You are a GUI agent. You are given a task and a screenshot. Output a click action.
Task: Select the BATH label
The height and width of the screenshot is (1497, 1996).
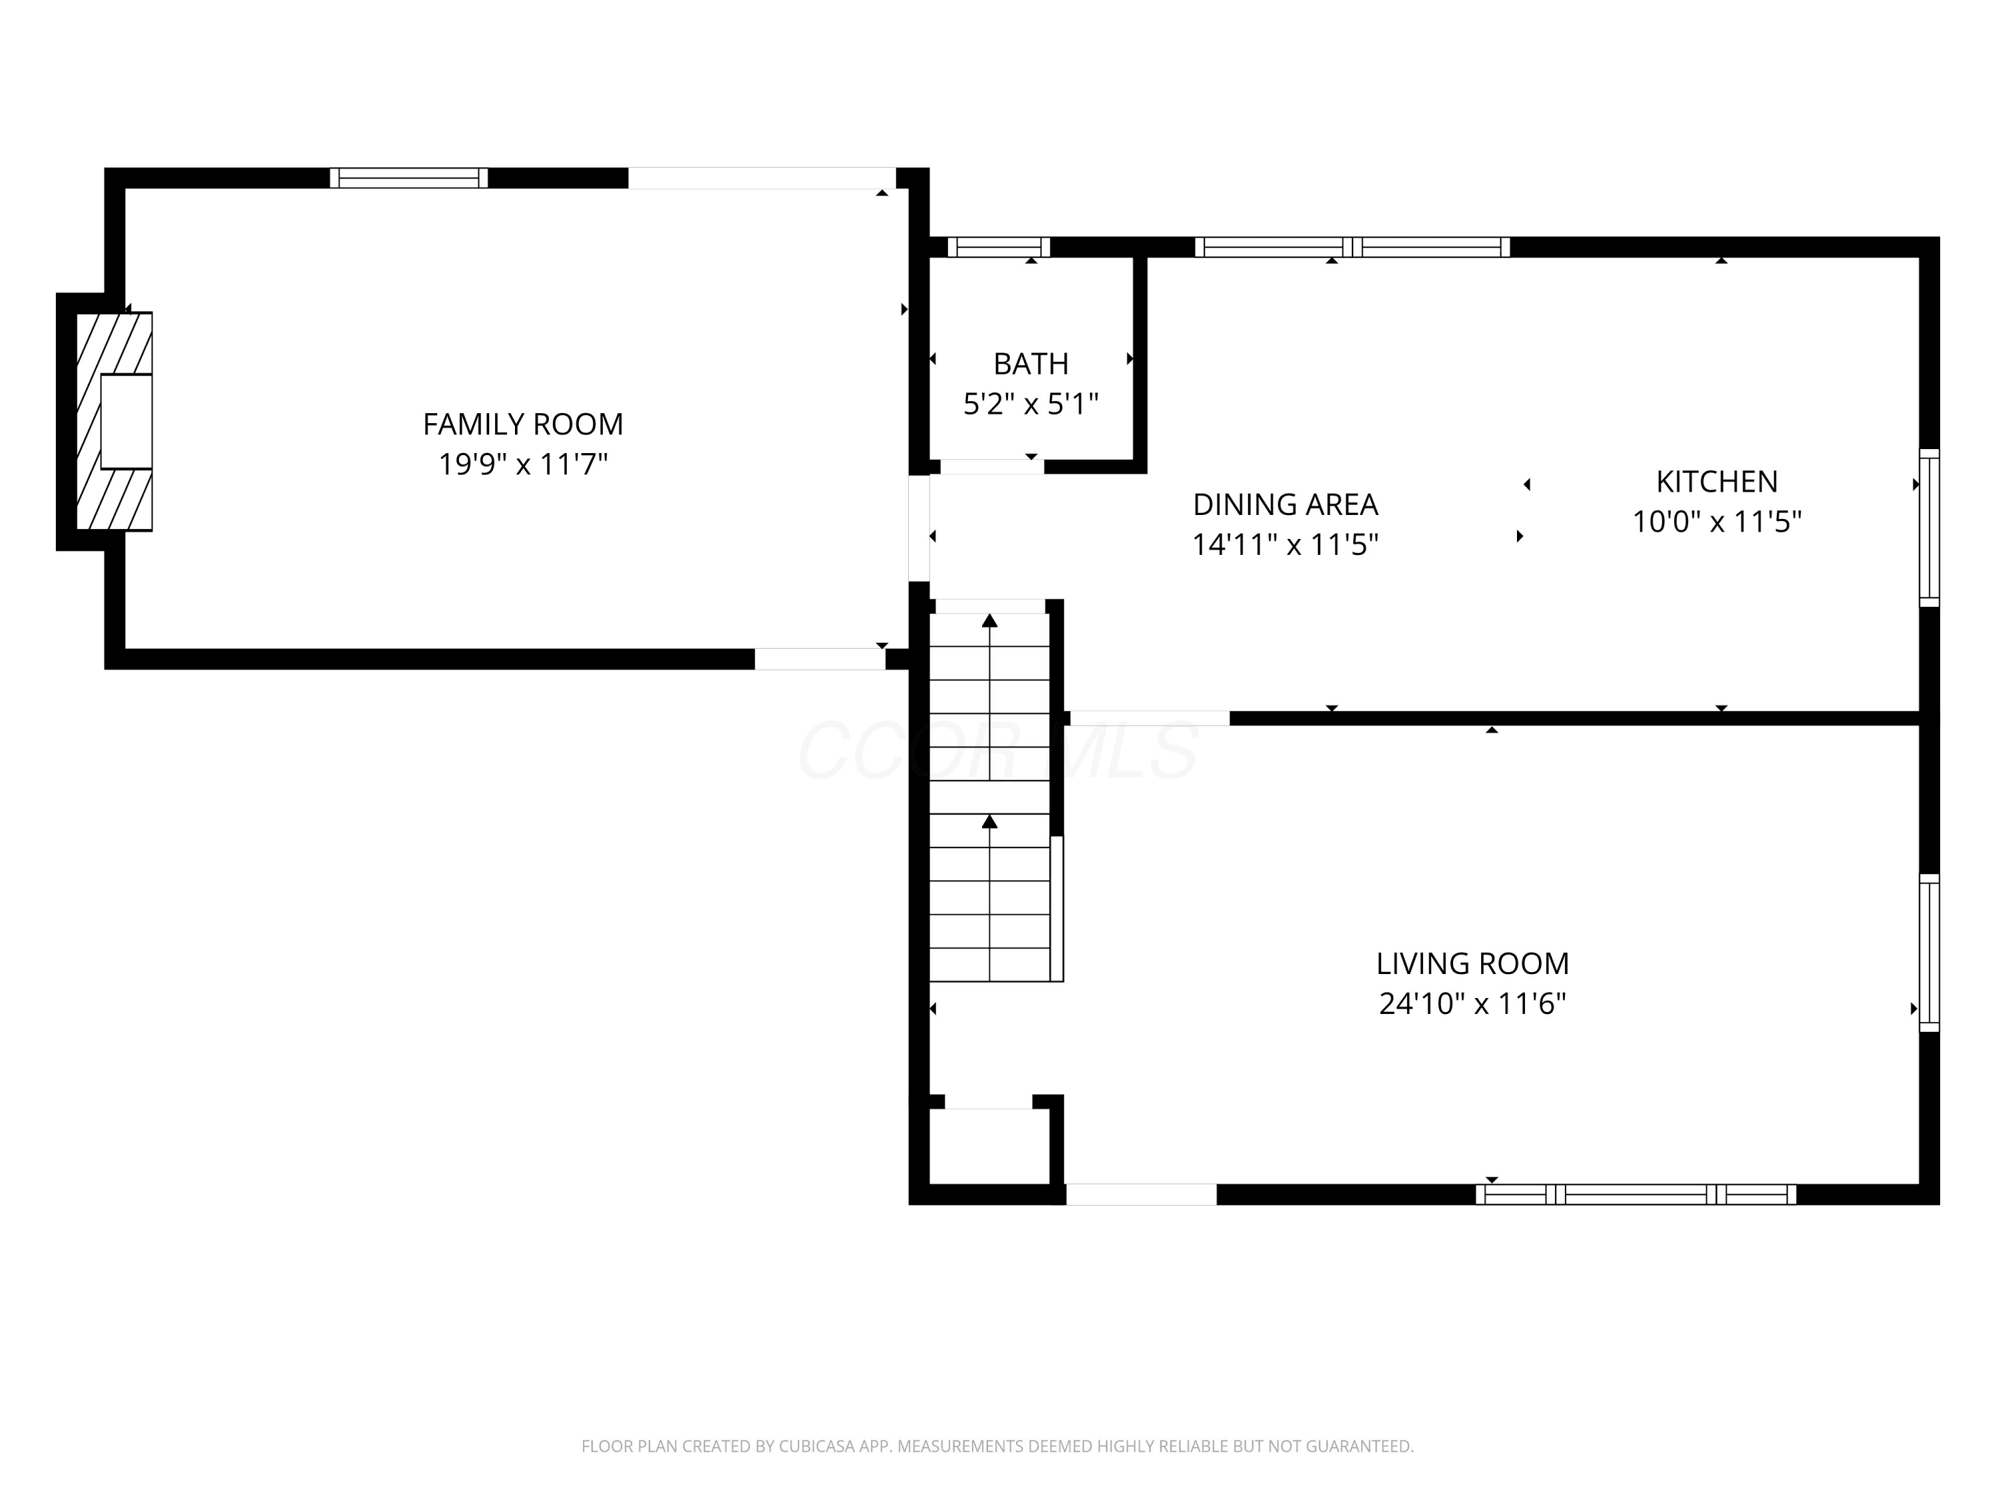[1031, 364]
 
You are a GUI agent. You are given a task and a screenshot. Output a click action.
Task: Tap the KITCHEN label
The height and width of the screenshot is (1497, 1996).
[1717, 482]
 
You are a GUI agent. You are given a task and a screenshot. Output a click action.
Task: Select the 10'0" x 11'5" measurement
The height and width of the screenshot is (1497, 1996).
[1717, 522]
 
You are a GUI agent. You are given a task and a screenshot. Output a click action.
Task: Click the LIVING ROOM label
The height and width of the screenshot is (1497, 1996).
[1472, 963]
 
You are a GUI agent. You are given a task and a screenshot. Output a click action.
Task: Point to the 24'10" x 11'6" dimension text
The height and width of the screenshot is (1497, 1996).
[1472, 1003]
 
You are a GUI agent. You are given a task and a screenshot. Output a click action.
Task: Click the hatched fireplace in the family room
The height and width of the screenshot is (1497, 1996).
[114, 421]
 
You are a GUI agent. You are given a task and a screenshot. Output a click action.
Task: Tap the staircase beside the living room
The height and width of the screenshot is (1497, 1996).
[990, 798]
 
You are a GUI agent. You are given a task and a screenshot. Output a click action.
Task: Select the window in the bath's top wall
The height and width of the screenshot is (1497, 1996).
[999, 248]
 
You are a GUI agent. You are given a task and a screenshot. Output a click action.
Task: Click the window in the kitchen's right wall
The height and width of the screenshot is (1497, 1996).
[1928, 528]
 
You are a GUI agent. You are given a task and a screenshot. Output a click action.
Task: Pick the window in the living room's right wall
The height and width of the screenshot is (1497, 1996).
[1928, 953]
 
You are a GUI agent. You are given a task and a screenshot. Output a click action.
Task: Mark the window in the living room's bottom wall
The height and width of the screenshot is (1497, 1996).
[1636, 1195]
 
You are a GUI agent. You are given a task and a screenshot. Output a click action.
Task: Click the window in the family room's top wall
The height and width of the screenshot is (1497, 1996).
[409, 178]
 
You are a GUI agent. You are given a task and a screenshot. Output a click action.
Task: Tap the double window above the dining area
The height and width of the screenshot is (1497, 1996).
[1352, 248]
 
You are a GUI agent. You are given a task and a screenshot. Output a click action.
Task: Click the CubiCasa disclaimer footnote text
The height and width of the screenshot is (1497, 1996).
[997, 1446]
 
